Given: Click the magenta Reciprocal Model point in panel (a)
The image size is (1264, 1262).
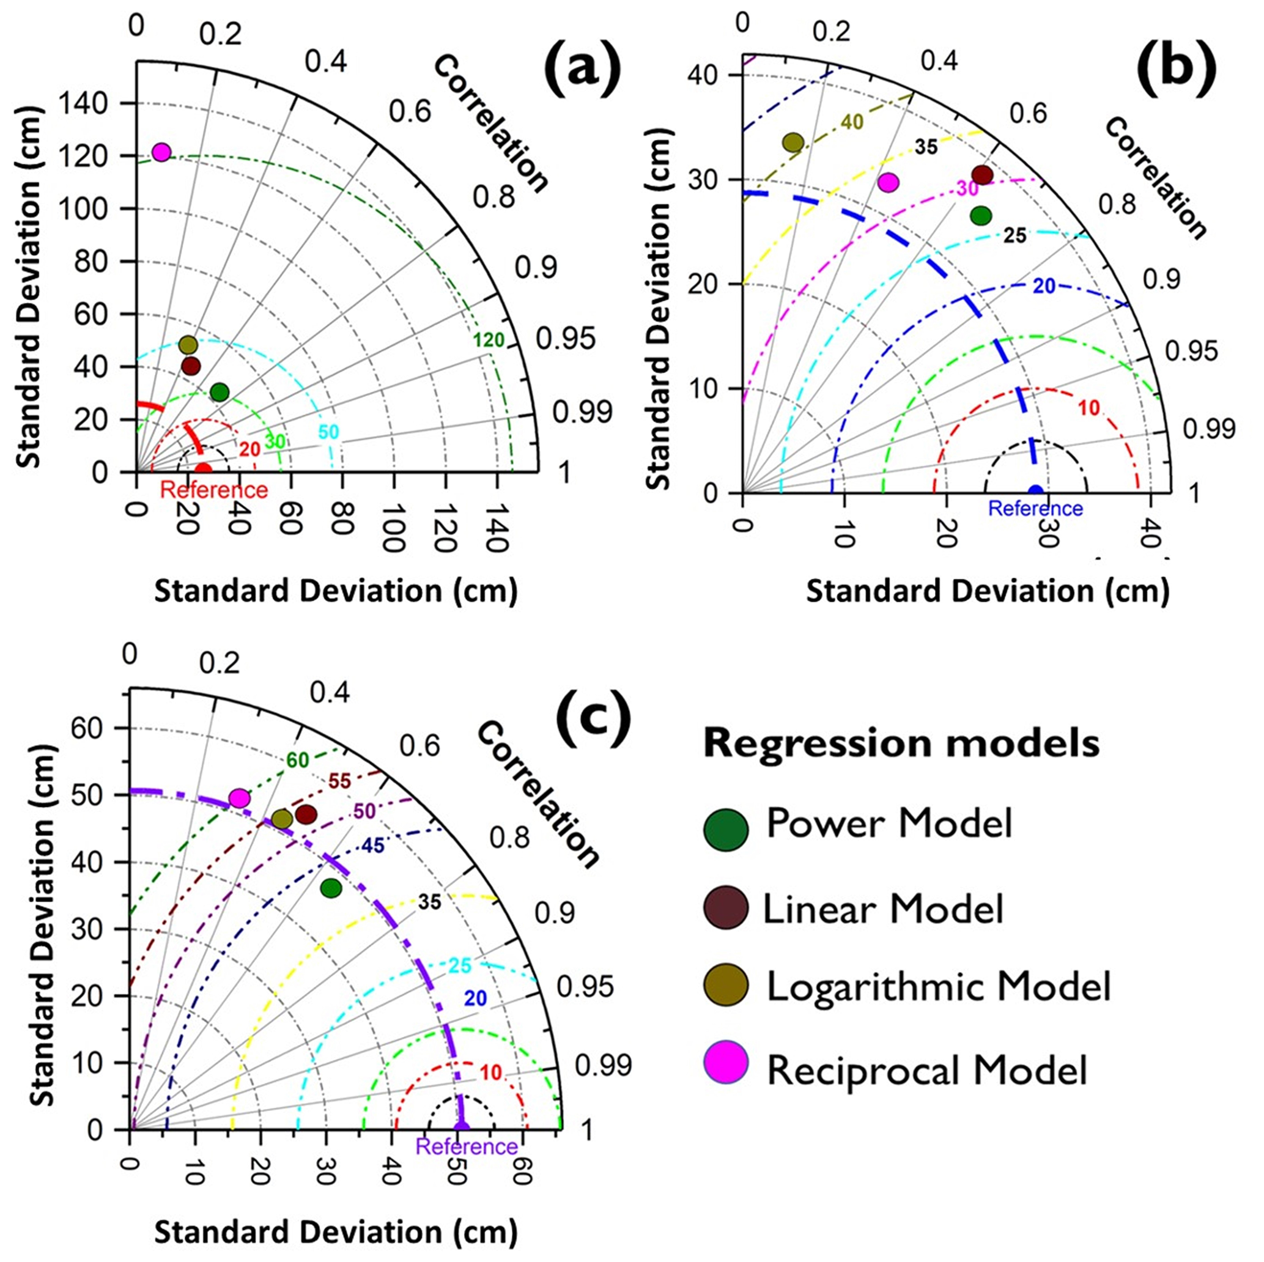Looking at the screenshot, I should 161,152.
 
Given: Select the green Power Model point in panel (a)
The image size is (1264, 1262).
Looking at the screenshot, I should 220,393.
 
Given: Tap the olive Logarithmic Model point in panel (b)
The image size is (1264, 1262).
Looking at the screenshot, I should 793,142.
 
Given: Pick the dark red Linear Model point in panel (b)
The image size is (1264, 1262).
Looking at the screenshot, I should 982,175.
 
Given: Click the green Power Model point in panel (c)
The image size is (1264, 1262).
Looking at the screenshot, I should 331,888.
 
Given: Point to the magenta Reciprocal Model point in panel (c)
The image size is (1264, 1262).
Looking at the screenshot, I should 240,798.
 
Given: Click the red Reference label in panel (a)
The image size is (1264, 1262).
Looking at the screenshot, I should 214,490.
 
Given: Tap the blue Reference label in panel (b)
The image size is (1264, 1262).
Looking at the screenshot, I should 1035,508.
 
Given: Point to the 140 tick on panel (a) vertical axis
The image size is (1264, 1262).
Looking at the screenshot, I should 83,103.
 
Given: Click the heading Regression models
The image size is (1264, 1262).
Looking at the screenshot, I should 901,744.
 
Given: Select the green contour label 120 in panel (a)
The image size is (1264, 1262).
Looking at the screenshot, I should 489,340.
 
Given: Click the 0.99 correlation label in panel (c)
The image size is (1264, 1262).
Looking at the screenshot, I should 603,1066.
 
